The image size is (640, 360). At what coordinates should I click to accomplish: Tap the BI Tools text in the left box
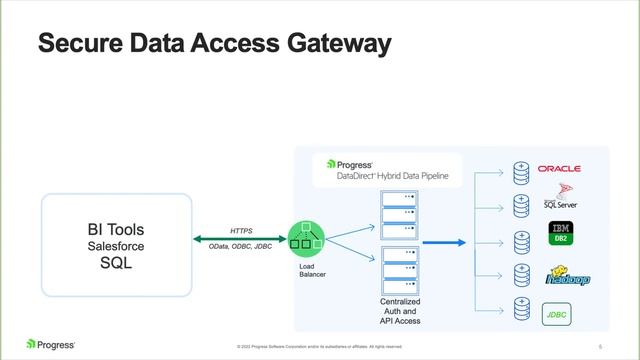click(116, 230)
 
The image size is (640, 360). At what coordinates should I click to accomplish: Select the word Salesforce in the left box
click(116, 246)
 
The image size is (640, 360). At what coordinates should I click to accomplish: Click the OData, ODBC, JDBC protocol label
click(240, 245)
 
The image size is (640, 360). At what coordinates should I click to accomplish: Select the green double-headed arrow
click(240, 238)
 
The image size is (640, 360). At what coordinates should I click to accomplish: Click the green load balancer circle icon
click(306, 238)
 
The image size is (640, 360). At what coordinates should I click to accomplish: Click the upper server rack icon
click(400, 211)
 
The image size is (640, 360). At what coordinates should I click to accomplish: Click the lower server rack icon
click(400, 270)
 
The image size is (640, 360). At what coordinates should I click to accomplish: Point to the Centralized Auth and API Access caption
click(400, 311)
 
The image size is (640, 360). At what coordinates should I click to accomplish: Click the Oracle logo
click(558, 169)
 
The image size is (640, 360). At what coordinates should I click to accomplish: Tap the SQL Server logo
click(560, 199)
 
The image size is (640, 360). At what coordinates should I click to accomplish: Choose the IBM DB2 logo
click(561, 236)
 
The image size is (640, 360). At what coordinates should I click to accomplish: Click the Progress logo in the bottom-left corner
click(50, 344)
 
